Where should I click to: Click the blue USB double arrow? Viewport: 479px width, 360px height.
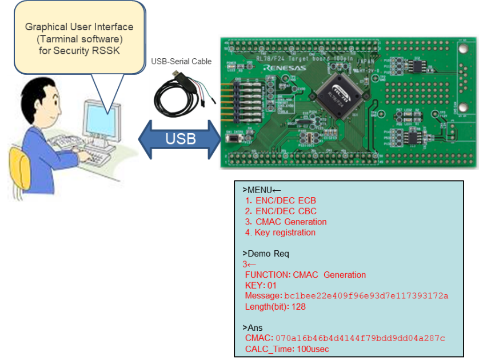click(180, 139)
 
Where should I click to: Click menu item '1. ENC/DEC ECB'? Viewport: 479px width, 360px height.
click(280, 201)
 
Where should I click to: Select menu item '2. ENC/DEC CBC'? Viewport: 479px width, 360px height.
click(280, 211)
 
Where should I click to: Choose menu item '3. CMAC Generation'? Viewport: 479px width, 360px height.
click(285, 222)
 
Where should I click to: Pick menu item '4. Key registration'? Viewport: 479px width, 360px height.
click(280, 233)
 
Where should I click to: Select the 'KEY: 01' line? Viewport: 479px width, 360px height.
click(261, 285)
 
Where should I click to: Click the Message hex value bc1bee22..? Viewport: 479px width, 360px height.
click(366, 296)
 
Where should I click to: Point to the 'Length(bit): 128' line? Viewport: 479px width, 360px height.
click(275, 307)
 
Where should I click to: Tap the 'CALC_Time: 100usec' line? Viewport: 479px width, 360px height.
click(287, 349)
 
